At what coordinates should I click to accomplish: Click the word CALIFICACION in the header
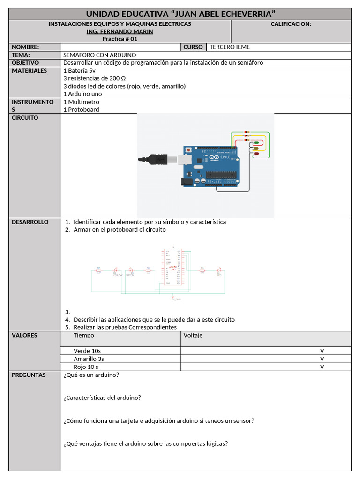pyautogui.click(x=291, y=24)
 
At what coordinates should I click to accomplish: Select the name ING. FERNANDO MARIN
pyautogui.click(x=120, y=31)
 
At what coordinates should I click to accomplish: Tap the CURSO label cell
pyautogui.click(x=193, y=47)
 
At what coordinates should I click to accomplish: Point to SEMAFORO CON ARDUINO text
pyautogui.click(x=99, y=55)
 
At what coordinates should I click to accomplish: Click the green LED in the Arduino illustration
pyautogui.click(x=256, y=143)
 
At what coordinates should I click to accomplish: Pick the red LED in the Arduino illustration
pyautogui.click(x=256, y=153)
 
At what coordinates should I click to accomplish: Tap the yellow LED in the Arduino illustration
pyautogui.click(x=256, y=148)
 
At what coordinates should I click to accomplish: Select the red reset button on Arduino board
pyautogui.click(x=188, y=150)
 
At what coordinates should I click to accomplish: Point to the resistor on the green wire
pyautogui.click(x=247, y=132)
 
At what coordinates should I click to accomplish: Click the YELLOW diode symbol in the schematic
pyautogui.click(x=116, y=271)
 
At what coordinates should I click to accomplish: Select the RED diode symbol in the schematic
pyautogui.click(x=219, y=271)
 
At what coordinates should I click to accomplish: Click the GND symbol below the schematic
pyautogui.click(x=173, y=297)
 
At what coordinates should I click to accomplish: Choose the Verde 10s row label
pyautogui.click(x=87, y=351)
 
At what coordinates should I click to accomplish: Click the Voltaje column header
pyautogui.click(x=193, y=335)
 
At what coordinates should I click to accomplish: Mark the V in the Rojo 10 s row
pyautogui.click(x=322, y=367)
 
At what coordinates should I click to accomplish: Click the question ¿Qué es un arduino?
pyautogui.click(x=90, y=375)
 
